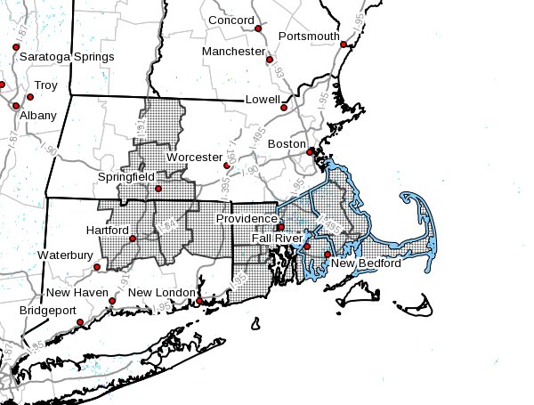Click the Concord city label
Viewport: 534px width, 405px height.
(x=231, y=20)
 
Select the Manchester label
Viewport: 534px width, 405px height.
(x=232, y=52)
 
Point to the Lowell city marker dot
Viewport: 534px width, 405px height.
(x=284, y=108)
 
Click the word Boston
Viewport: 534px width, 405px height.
(x=287, y=143)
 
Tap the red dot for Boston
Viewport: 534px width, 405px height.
(x=311, y=152)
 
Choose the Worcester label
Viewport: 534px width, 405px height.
(x=194, y=157)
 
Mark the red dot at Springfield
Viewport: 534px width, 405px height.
(x=158, y=189)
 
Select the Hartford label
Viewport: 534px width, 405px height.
(x=107, y=230)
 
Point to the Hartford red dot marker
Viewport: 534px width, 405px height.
(x=133, y=239)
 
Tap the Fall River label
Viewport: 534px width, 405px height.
(x=274, y=239)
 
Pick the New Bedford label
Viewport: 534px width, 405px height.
(x=367, y=263)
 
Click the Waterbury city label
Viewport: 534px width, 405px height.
(x=64, y=255)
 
